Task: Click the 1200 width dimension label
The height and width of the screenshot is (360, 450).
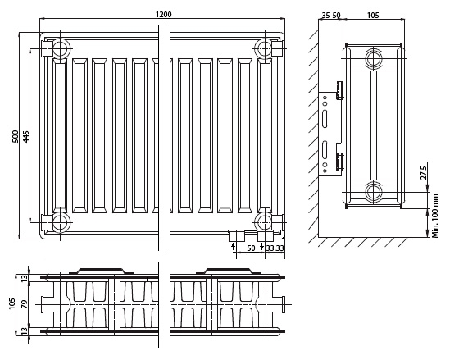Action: [164, 14]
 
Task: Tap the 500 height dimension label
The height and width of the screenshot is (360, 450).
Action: [15, 136]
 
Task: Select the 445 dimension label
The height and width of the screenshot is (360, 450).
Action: [25, 137]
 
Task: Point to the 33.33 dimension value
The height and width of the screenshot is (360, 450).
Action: [275, 248]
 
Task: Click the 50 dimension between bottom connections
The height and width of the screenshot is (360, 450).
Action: [251, 248]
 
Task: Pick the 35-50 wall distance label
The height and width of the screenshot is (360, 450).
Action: [331, 15]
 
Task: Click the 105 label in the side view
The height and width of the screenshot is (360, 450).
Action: [373, 15]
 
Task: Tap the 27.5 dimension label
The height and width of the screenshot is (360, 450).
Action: [424, 171]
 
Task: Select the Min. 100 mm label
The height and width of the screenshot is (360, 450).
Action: [435, 216]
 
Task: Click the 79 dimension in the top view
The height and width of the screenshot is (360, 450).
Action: [25, 304]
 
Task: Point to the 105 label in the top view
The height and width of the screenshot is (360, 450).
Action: [12, 303]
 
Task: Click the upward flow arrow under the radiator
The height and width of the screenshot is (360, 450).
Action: [233, 246]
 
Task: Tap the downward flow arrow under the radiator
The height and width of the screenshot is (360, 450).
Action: [261, 246]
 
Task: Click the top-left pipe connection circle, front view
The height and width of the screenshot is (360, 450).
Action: [61, 48]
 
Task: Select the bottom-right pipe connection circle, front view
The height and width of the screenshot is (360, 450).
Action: [264, 222]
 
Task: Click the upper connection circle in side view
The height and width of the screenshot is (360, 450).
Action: [374, 58]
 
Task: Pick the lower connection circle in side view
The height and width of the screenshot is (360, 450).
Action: [374, 192]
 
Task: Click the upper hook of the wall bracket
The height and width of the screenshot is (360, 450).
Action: [340, 90]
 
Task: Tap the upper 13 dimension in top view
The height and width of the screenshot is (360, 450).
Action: [25, 278]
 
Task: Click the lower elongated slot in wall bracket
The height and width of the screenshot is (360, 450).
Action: [325, 149]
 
